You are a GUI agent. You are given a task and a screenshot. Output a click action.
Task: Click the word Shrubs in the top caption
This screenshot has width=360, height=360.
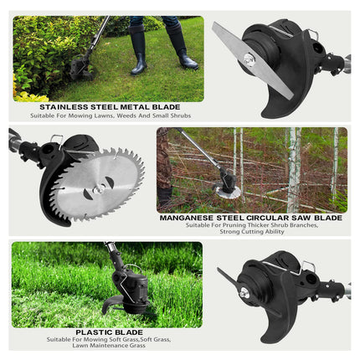pos(180,116)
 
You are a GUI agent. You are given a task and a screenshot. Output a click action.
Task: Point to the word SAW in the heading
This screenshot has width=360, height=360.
pos(301,218)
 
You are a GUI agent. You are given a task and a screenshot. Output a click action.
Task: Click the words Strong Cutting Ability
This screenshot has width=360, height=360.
pos(252,232)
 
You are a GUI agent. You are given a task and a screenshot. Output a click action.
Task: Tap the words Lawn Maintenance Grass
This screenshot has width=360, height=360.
pos(109,346)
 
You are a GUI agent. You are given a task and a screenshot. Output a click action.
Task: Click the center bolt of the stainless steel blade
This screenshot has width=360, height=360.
pos(249,59)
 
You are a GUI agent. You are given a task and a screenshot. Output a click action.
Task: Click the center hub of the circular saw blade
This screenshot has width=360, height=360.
pos(99,188)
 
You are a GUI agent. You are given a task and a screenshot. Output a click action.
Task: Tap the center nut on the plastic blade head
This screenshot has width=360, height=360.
pos(244,292)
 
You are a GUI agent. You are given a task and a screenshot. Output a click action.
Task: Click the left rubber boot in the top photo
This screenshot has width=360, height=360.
pos(138,49)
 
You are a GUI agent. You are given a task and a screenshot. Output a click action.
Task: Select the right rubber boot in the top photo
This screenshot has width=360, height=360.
pos(182,47)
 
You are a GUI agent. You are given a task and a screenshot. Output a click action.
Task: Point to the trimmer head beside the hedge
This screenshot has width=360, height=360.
pos(80,67)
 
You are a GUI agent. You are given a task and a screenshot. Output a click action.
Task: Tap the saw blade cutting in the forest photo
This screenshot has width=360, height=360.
pos(228,193)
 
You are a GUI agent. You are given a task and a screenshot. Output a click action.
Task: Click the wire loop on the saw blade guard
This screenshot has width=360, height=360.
pos(57,140)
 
